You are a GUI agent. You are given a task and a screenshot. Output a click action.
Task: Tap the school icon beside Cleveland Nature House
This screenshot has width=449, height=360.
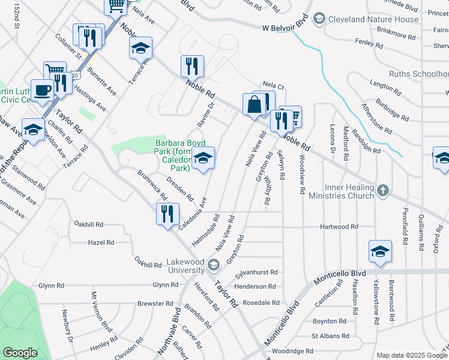point(319,19)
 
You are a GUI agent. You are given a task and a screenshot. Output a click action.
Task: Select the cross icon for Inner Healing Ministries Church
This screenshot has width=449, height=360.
point(382,191)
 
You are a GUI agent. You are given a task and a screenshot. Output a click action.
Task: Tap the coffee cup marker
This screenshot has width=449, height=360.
point(42,91)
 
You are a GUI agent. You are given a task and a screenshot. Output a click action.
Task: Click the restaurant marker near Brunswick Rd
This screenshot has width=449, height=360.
point(167,214)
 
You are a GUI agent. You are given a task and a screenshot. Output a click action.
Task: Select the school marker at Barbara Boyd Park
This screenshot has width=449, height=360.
point(203,159)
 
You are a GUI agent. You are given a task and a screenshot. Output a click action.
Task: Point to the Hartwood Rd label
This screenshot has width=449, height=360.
point(339,227)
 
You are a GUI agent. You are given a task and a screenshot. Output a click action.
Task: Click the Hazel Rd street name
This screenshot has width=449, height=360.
point(101,242)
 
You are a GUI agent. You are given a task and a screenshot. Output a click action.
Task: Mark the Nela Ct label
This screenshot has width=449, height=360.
point(271,86)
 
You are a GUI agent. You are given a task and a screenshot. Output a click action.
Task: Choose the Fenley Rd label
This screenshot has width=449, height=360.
point(369,44)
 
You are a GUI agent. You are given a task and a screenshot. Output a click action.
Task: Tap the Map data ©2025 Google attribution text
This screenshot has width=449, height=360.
point(411,355)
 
